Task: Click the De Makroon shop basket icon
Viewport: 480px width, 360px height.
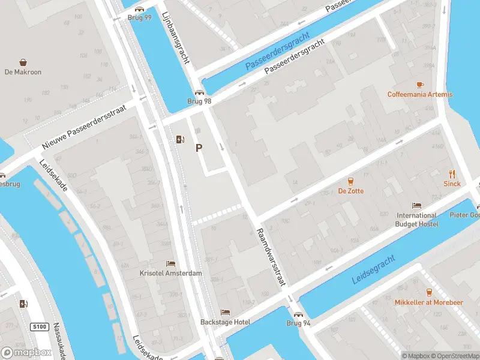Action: tap(23, 62)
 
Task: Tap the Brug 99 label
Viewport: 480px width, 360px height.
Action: tap(139, 18)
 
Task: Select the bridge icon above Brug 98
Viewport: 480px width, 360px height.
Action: tap(199, 93)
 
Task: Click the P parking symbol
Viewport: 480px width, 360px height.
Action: tap(199, 148)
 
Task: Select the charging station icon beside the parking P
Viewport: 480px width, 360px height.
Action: tap(180, 140)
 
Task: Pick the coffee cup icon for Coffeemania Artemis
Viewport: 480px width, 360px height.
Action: tap(420, 85)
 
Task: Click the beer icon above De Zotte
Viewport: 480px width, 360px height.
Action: tap(350, 181)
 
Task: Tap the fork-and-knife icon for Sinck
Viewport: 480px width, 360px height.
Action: tap(452, 174)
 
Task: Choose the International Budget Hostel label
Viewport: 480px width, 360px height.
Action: tap(416, 220)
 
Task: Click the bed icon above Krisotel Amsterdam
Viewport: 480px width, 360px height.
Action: tap(171, 263)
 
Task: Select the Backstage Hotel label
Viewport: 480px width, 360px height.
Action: tap(225, 322)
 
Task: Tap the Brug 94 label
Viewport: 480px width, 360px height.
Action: tap(298, 323)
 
